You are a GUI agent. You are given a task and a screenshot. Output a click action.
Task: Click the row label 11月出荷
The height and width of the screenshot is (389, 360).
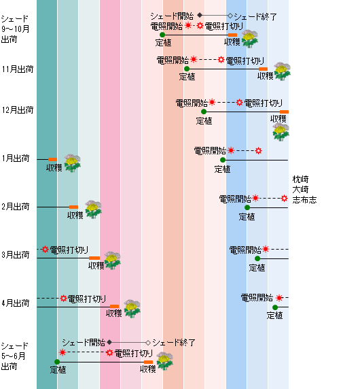point(18,69)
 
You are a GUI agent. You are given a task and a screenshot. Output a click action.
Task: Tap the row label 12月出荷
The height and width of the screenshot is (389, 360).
point(18,110)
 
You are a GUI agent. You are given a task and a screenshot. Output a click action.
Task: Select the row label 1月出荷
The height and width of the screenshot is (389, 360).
point(16,158)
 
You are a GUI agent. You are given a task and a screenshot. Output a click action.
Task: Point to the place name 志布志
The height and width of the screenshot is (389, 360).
point(304,200)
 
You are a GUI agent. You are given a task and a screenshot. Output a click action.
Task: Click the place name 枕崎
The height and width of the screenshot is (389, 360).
point(300,179)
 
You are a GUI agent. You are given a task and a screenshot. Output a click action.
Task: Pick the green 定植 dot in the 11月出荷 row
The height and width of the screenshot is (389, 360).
point(187,69)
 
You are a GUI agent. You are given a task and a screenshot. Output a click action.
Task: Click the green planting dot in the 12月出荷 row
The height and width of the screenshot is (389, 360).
point(204,112)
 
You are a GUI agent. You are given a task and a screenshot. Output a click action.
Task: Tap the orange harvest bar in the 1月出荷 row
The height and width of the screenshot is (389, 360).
point(52,159)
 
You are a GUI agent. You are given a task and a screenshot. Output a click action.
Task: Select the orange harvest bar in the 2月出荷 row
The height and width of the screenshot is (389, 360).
point(73,207)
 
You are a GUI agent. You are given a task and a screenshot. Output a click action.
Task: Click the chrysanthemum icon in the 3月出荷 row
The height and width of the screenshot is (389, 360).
point(113,260)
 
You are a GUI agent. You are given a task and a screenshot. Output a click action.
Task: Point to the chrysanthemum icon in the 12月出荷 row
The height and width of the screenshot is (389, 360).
point(281,132)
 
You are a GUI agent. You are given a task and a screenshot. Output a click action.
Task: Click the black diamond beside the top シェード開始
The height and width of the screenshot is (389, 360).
point(200,16)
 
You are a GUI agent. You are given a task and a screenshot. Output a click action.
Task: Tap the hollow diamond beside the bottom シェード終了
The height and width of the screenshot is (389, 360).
point(148,343)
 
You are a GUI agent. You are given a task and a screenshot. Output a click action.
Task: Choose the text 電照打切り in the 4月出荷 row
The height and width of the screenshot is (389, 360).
point(87,299)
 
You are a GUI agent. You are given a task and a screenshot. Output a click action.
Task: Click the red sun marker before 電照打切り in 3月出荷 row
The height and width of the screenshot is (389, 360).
point(45,249)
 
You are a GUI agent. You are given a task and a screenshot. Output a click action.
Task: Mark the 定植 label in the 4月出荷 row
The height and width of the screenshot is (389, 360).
point(275,316)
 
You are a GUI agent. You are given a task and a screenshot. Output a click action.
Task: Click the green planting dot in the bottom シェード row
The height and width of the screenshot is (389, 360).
point(57,362)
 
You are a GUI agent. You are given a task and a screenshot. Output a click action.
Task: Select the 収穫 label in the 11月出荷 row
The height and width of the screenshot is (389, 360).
point(266,75)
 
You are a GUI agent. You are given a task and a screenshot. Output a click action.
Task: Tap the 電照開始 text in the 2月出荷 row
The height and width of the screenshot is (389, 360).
point(235,199)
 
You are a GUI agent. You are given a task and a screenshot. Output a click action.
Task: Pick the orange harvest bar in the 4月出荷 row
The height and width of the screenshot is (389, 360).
point(115,307)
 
